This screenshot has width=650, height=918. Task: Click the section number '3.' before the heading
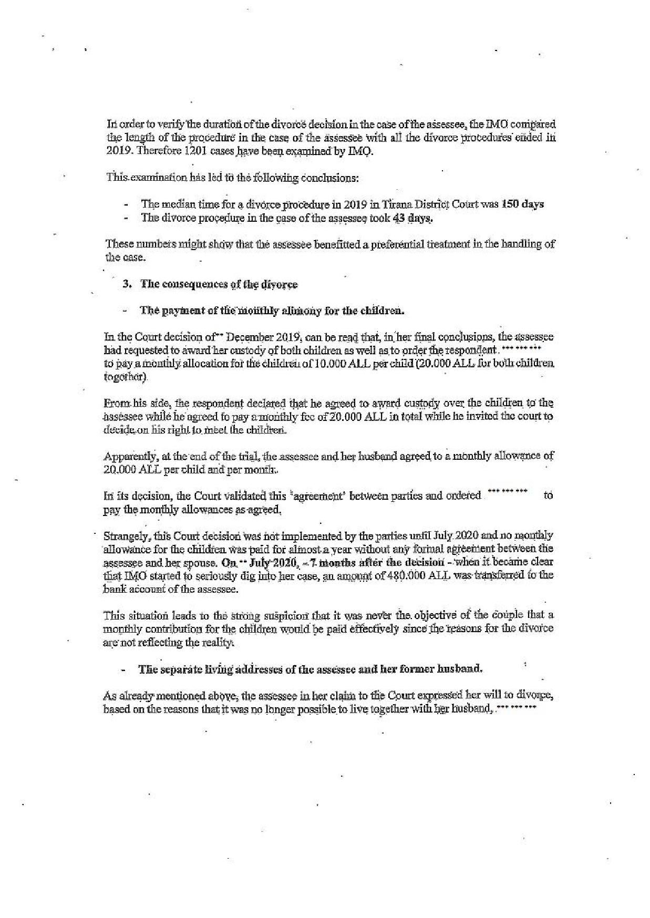pyautogui.click(x=126, y=284)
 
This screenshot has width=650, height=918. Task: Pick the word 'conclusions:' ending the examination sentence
pyautogui.click(x=329, y=178)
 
